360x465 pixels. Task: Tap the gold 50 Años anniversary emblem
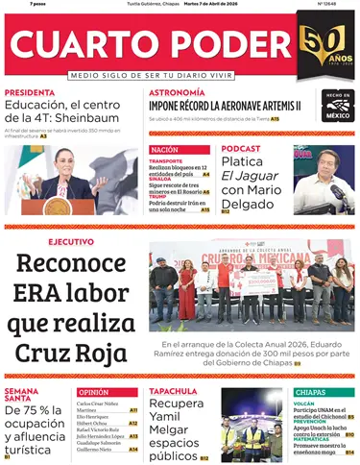point(323,47)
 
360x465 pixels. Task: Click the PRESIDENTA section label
point(30,93)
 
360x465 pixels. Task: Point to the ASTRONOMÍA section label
point(176,93)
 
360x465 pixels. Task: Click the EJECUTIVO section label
point(71,241)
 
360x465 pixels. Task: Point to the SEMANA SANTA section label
point(21,395)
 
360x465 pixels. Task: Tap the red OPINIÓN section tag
point(94,392)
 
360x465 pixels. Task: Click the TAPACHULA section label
point(173,392)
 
